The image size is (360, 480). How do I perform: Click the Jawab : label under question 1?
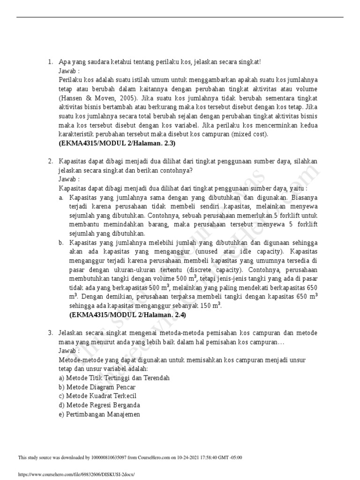(x=69, y=71)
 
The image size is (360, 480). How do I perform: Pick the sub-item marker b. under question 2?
(x=61, y=243)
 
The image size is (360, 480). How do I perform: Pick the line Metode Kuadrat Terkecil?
(x=103, y=396)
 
